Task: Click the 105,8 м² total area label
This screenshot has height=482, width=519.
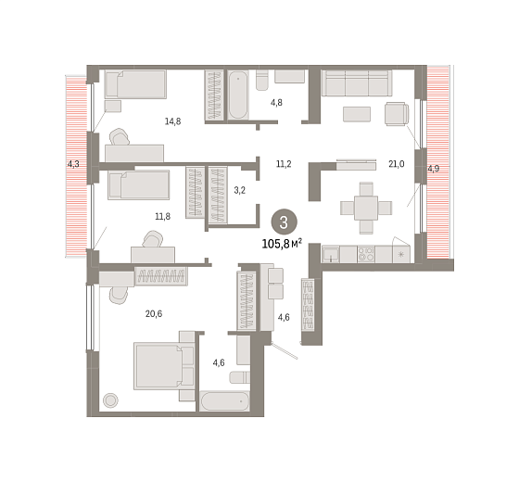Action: pyautogui.click(x=282, y=244)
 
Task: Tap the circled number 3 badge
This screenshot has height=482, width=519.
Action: pyautogui.click(x=284, y=222)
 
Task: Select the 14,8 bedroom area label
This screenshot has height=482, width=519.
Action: pyautogui.click(x=172, y=121)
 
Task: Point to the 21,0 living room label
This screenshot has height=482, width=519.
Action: pyautogui.click(x=397, y=164)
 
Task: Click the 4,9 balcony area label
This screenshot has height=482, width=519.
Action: pyautogui.click(x=434, y=169)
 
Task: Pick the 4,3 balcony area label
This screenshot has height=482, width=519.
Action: pyautogui.click(x=73, y=164)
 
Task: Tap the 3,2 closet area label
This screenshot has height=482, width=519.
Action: pyautogui.click(x=240, y=190)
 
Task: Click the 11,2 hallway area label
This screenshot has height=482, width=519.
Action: pyautogui.click(x=284, y=164)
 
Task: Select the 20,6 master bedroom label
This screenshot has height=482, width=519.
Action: pyautogui.click(x=154, y=313)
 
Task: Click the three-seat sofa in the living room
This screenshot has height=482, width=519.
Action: pyautogui.click(x=357, y=82)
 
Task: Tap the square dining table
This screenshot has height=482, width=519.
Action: pyautogui.click(x=366, y=208)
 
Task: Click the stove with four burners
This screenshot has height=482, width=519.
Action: pyautogui.click(x=366, y=254)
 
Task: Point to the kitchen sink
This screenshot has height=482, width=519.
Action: pyautogui.click(x=331, y=254)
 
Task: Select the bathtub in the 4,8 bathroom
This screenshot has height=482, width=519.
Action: pyautogui.click(x=238, y=95)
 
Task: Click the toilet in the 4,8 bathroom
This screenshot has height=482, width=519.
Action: pyautogui.click(x=262, y=80)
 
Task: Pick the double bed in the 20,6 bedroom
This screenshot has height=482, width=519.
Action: pyautogui.click(x=164, y=366)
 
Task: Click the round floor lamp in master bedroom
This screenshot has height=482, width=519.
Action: pyautogui.click(x=110, y=400)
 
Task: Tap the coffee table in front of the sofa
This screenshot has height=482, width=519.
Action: pyautogui.click(x=357, y=114)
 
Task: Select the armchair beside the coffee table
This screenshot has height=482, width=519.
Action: pyautogui.click(x=397, y=114)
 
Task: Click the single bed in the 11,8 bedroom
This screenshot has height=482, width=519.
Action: pyautogui.click(x=139, y=185)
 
